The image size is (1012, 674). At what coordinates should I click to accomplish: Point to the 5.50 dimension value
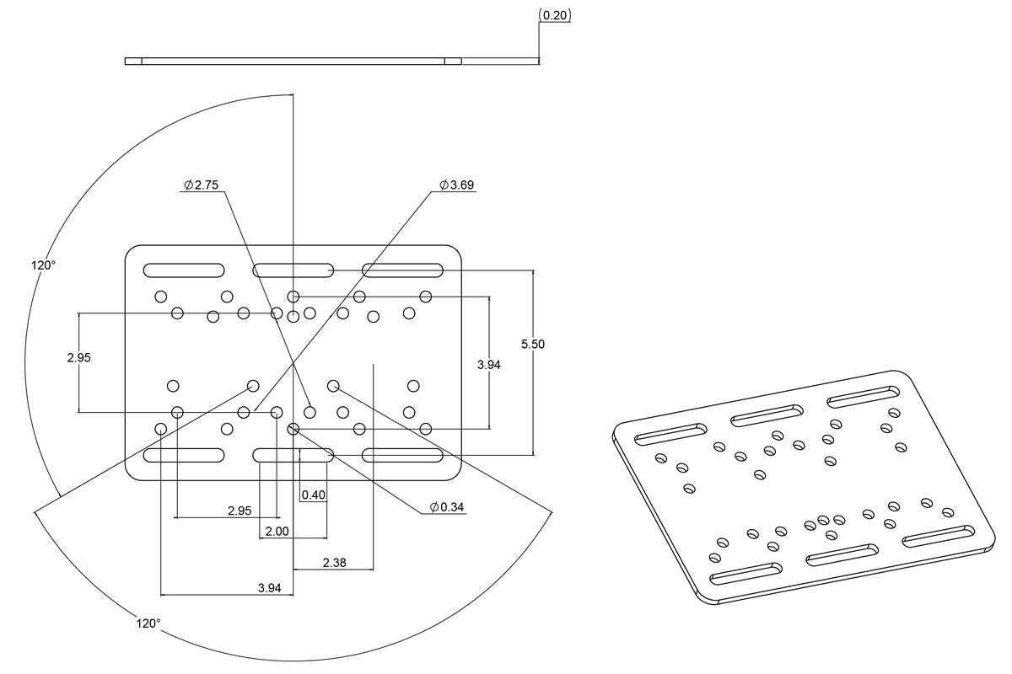[533, 344]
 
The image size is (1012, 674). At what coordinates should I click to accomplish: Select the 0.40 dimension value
[313, 495]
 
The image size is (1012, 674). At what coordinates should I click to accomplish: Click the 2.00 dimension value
[277, 532]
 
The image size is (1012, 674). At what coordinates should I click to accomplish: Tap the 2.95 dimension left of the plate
[78, 357]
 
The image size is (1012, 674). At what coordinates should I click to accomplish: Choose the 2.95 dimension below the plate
[240, 511]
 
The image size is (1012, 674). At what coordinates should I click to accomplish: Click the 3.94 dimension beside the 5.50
[489, 364]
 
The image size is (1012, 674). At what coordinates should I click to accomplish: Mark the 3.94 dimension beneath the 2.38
[269, 588]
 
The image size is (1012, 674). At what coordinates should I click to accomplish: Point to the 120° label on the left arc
[44, 265]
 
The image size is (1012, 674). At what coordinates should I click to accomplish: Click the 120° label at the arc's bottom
[148, 623]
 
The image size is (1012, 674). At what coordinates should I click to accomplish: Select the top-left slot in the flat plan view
[184, 270]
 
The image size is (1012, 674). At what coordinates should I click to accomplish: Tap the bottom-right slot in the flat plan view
[403, 455]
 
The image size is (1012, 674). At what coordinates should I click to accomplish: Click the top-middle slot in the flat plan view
[293, 270]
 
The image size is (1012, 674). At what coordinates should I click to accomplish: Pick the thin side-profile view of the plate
[293, 61]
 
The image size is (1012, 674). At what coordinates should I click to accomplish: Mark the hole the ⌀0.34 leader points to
[293, 429]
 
